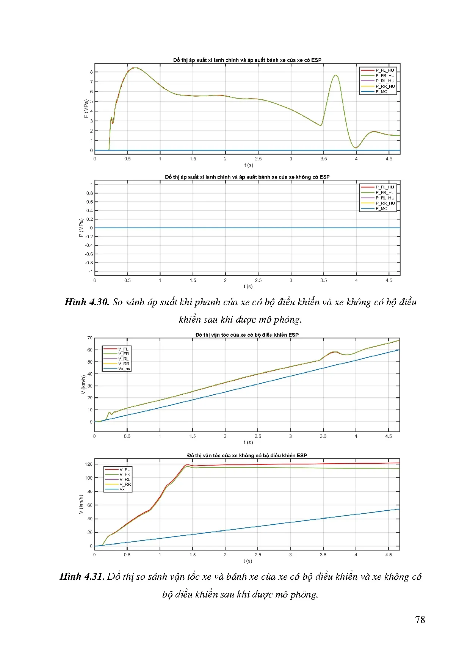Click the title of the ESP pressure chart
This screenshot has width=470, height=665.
pos(247,60)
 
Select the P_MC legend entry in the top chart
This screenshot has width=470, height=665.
pos(381,92)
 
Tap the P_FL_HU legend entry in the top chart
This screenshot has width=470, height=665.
pos(384,70)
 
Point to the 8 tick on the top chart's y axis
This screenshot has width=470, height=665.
pos(91,72)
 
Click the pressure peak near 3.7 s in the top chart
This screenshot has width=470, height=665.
pos(335,75)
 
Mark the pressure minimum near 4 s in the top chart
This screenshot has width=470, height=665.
pos(356,147)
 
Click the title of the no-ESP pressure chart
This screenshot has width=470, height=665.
pos(247,177)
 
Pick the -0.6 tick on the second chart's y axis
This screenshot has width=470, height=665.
pos(89,254)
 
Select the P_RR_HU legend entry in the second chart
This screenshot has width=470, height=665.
pos(385,203)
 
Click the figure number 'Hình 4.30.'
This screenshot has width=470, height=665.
pos(87,302)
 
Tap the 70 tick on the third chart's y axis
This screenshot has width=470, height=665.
pos(90,338)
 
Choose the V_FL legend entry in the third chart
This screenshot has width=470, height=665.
pos(123,349)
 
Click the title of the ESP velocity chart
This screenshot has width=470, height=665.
pos(247,335)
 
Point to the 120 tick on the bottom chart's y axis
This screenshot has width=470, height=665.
pos(89,464)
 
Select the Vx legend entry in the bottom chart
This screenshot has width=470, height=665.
pos(122,489)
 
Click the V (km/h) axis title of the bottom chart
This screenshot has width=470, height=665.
pos(81,504)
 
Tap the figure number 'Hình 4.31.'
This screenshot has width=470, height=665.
pos(82,577)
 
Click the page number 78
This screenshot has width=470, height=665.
pos(420,620)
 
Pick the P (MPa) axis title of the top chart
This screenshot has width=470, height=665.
pos(86,108)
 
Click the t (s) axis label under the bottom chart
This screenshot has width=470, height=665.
pos(248,561)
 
